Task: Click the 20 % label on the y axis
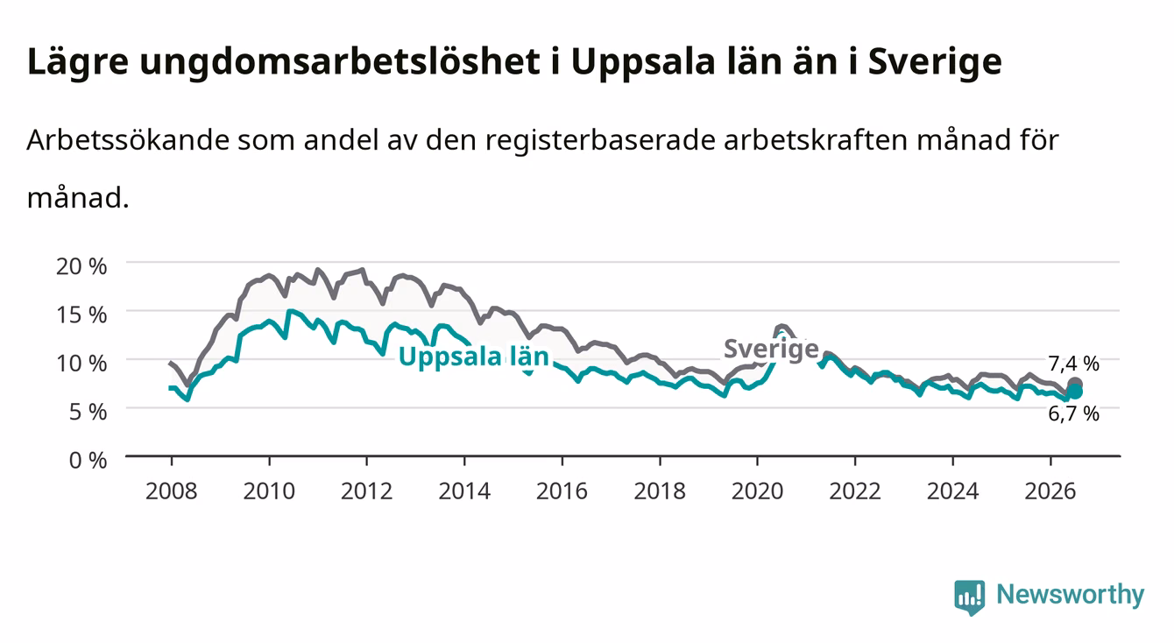pyautogui.click(x=81, y=266)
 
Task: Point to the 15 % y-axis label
pyautogui.click(x=81, y=315)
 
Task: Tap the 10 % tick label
pyautogui.click(x=81, y=364)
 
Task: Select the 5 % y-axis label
pyautogui.click(x=88, y=412)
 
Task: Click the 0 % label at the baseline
pyautogui.click(x=88, y=461)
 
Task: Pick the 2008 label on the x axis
pyautogui.click(x=172, y=491)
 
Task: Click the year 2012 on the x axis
pyautogui.click(x=367, y=491)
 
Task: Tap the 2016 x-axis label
pyautogui.click(x=562, y=491)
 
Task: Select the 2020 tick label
pyautogui.click(x=757, y=491)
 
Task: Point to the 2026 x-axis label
pyautogui.click(x=1050, y=491)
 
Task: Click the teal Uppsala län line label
pyautogui.click(x=474, y=357)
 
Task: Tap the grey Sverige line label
pyautogui.click(x=771, y=349)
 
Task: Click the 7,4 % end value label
pyautogui.click(x=1073, y=364)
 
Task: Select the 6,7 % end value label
pyautogui.click(x=1073, y=414)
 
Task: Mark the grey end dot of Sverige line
pyautogui.click(x=1074, y=384)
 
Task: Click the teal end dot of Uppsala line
pyautogui.click(x=1074, y=392)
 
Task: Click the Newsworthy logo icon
pyautogui.click(x=969, y=597)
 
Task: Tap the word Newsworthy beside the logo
pyautogui.click(x=1071, y=595)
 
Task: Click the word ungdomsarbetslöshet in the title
pyautogui.click(x=340, y=63)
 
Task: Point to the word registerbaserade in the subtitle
pyautogui.click(x=600, y=141)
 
